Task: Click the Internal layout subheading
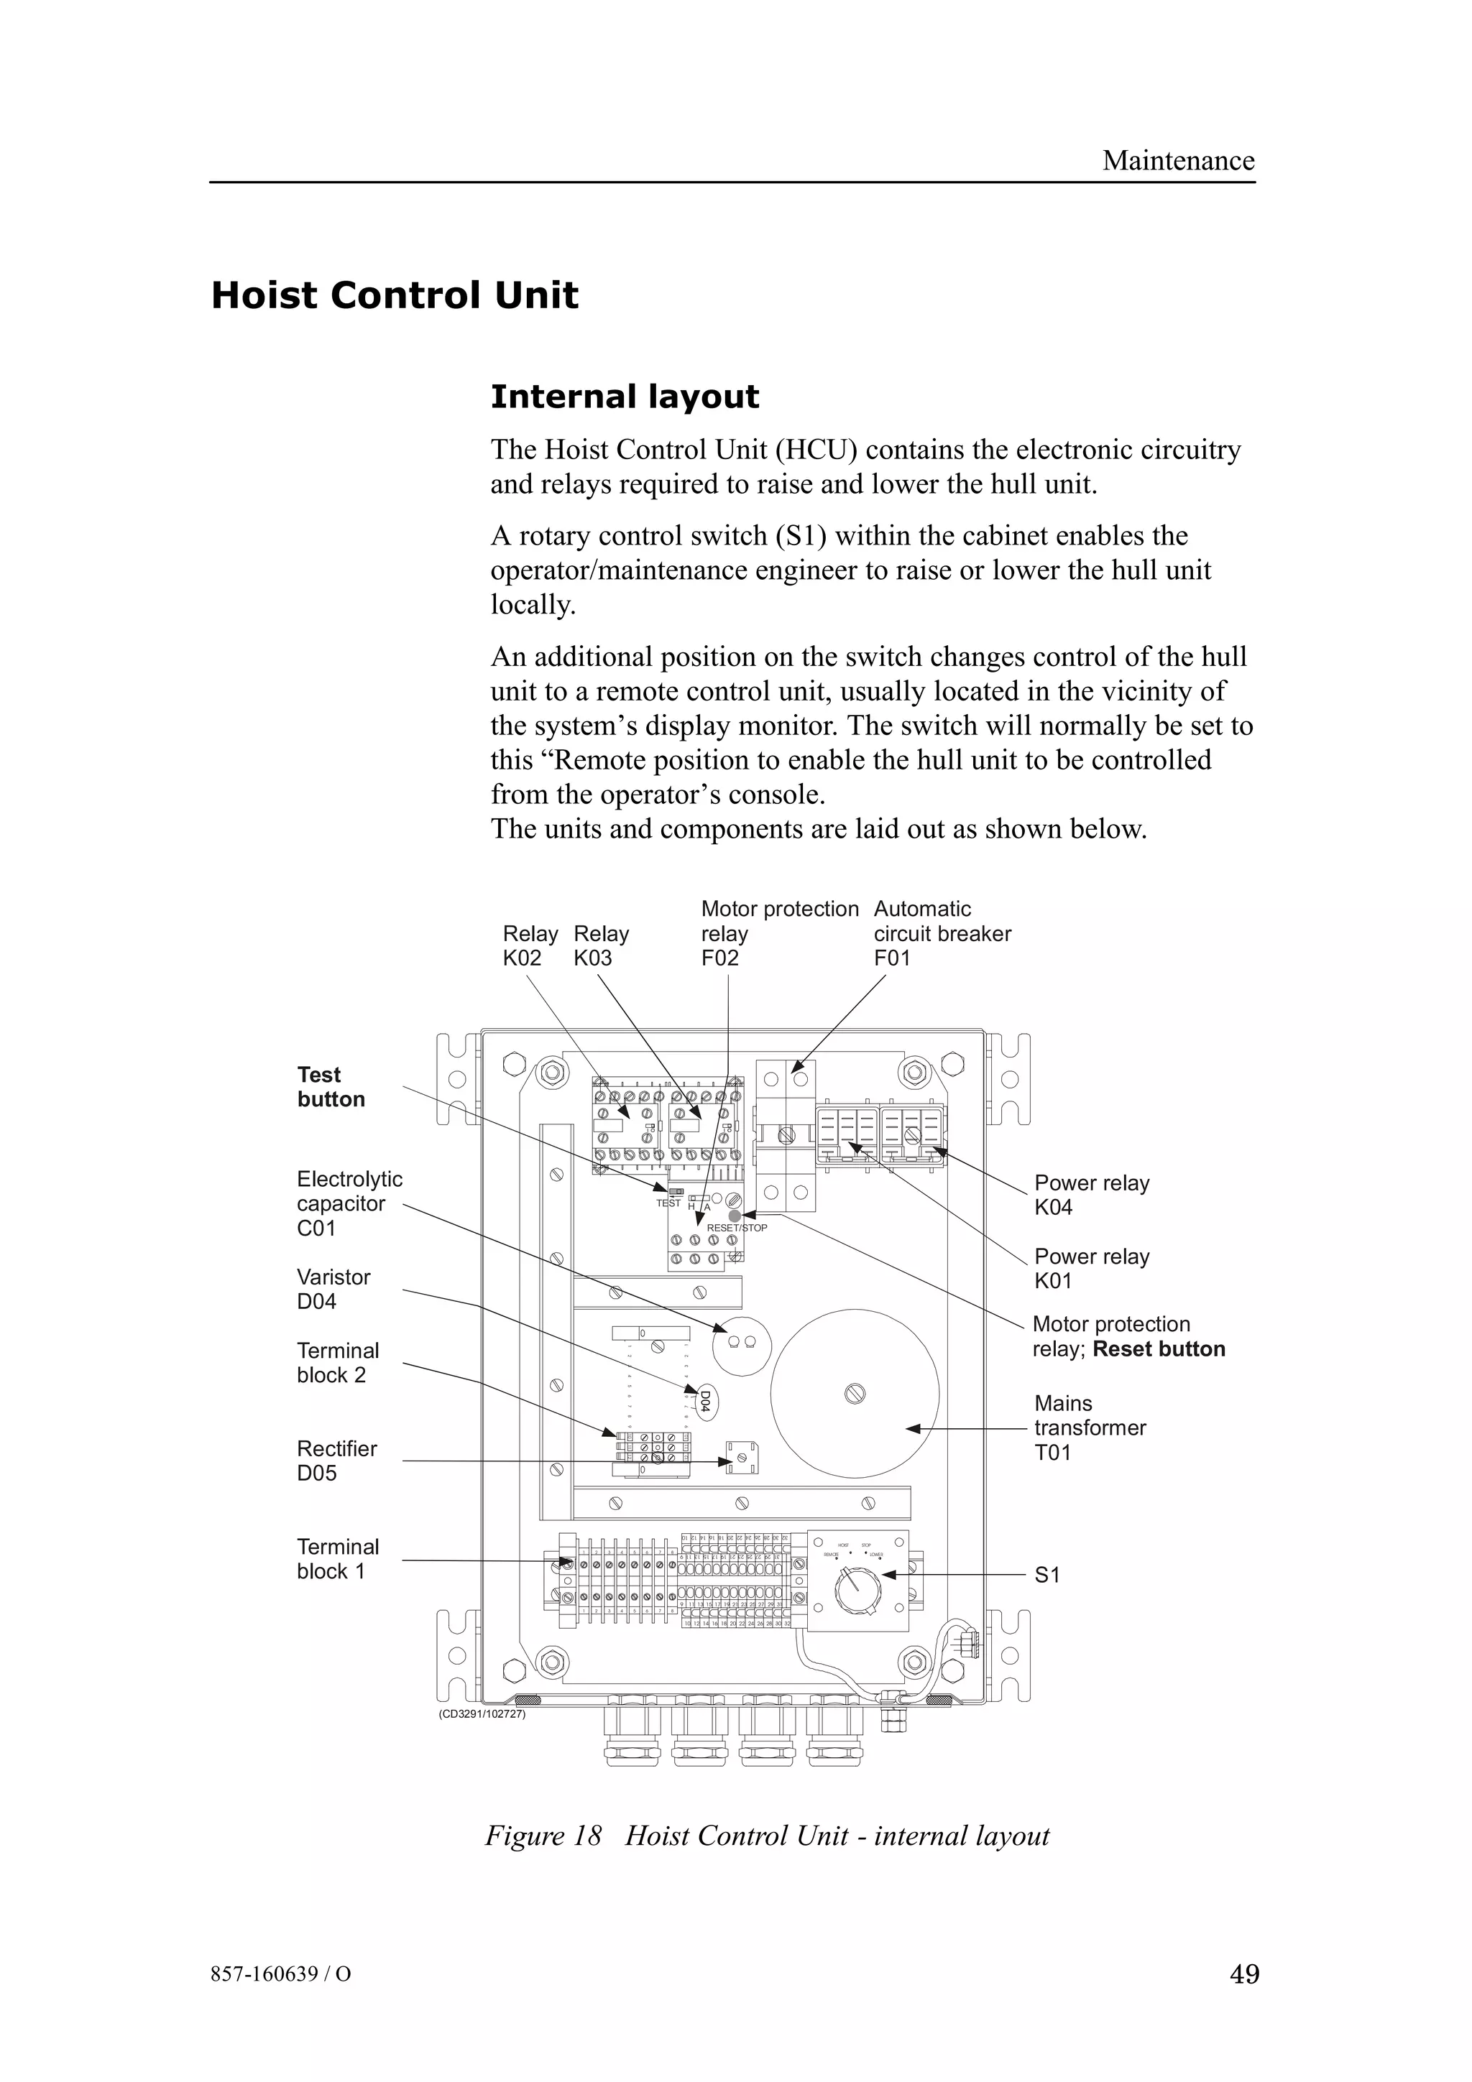tap(624, 397)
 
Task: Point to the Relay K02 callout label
tap(530, 945)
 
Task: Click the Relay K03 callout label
tap(600, 945)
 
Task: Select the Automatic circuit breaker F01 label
tap(942, 933)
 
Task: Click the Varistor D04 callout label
tap(333, 1289)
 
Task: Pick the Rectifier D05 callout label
tap(336, 1460)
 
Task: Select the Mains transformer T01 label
tap(1089, 1428)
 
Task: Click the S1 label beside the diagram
tap(1046, 1575)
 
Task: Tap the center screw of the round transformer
tap(855, 1394)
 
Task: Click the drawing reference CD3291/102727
tap(482, 1715)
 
